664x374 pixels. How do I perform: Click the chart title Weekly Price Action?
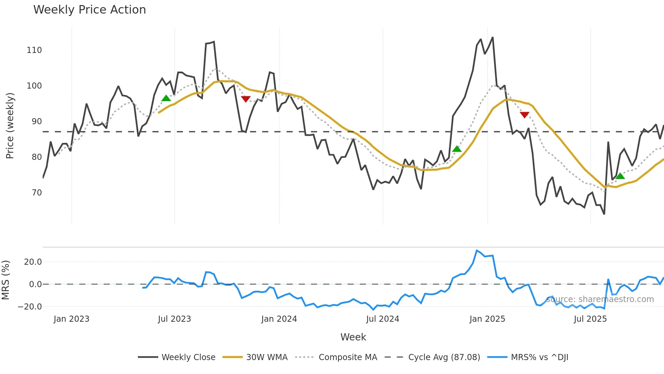[x=89, y=10]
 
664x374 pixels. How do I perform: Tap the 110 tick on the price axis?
[x=34, y=50]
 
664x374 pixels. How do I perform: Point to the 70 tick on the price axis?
[x=37, y=193]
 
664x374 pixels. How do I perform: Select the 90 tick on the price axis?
[x=37, y=121]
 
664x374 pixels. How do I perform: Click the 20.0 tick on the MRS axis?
[x=33, y=262]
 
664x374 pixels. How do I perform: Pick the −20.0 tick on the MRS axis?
[x=30, y=306]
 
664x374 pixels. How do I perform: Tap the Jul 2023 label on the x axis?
[x=174, y=319]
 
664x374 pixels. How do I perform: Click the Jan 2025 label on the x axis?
[x=487, y=319]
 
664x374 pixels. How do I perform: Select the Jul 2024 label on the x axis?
[x=382, y=319]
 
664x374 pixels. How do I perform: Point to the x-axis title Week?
[x=353, y=337]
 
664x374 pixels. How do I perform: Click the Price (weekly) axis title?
[x=10, y=126]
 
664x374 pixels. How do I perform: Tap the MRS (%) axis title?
[x=5, y=280]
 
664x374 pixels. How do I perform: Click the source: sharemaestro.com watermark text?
[x=600, y=299]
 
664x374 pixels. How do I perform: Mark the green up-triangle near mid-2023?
[x=166, y=98]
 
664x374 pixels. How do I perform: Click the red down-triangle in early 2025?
[x=524, y=115]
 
